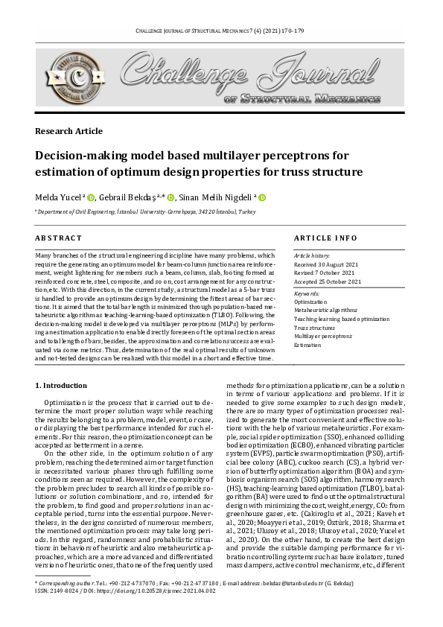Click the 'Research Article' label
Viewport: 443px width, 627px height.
click(x=69, y=131)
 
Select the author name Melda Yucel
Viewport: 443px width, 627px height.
click(x=59, y=198)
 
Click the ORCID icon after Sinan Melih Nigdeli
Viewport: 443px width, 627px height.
click(x=262, y=198)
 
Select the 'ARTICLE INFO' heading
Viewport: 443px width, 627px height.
click(x=325, y=238)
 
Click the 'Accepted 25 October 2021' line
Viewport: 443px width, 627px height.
click(x=328, y=282)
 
